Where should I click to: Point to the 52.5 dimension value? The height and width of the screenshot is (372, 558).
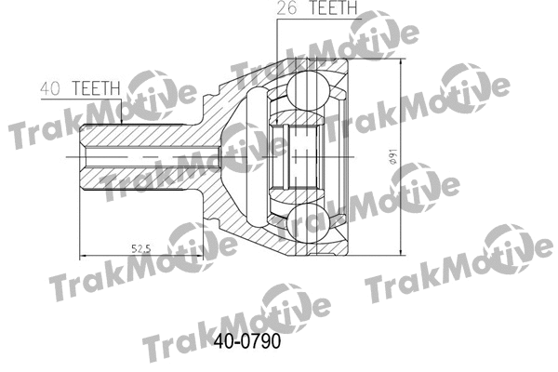[140, 247]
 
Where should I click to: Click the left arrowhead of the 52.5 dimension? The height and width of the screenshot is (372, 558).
[83, 255]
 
